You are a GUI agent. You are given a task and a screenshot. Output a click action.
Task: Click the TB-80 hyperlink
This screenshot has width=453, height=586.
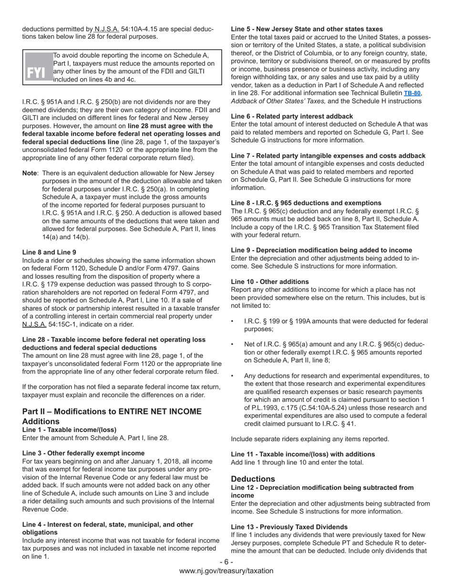412,93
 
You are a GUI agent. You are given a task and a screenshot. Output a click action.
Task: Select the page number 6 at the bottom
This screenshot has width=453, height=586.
226,562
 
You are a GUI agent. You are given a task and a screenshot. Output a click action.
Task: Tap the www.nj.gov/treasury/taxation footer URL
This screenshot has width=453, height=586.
226,571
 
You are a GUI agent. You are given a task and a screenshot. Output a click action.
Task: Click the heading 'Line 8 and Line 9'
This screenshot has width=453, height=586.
49,252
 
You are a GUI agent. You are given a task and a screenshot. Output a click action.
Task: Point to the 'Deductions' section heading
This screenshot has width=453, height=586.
253,479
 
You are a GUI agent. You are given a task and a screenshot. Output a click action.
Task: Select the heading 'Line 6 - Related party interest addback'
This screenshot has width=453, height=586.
292,116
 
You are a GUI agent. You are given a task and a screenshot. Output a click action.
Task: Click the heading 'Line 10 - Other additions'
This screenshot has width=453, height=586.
270,282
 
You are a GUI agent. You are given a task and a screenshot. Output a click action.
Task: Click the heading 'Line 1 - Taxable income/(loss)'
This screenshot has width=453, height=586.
69,430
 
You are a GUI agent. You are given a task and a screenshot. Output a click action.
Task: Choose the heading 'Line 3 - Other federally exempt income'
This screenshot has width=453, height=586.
83,453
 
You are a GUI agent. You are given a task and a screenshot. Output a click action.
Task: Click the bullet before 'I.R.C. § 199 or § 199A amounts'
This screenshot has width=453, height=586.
232,322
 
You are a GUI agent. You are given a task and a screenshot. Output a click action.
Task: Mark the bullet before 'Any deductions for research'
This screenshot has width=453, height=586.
232,376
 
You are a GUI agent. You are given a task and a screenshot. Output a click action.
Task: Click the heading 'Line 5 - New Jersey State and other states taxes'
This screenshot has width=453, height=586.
307,29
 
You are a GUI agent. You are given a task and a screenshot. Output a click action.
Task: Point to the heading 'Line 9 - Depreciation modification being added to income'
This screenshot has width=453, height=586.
321,250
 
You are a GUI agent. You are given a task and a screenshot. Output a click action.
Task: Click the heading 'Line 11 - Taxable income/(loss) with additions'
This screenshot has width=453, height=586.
303,454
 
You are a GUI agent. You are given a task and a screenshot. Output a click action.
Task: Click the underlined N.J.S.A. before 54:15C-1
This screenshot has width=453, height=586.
34,324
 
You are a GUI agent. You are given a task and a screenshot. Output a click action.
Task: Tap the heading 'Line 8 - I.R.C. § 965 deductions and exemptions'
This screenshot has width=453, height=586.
306,203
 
